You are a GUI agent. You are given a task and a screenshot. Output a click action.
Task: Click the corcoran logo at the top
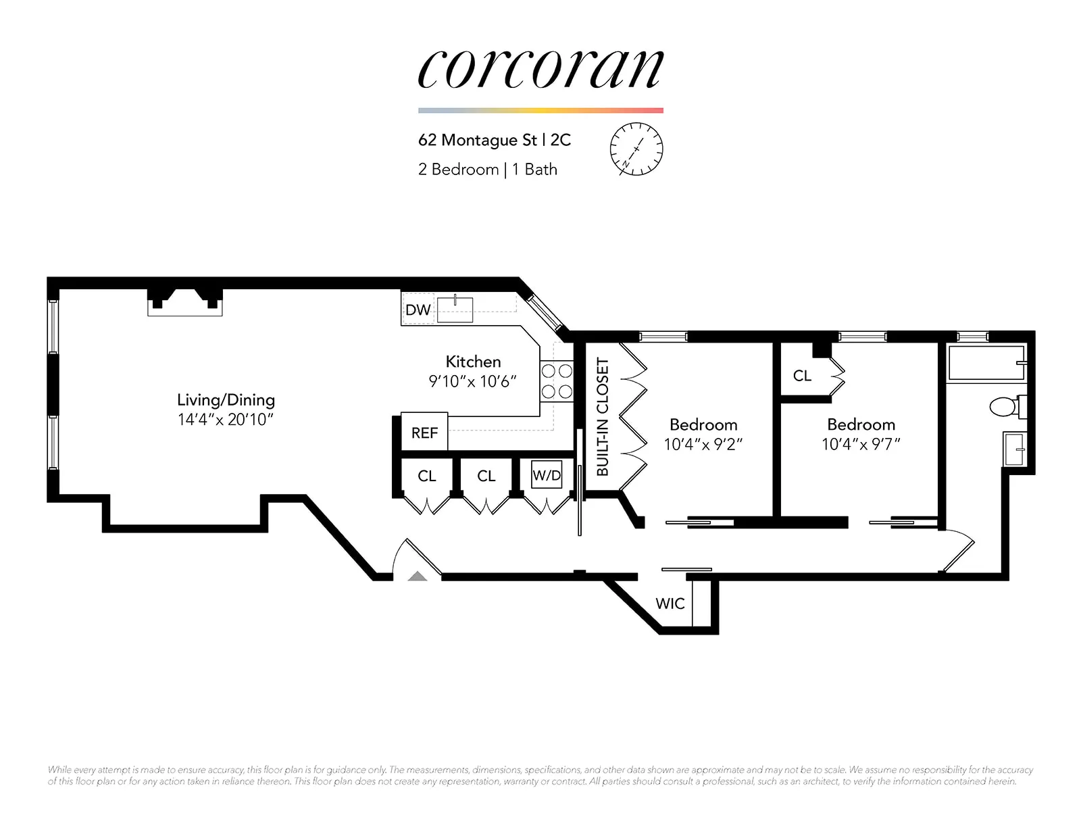540,70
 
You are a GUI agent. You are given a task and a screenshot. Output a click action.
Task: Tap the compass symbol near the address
636,149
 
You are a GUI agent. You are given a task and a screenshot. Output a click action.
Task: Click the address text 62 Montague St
477,140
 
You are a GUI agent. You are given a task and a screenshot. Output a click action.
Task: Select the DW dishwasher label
418,310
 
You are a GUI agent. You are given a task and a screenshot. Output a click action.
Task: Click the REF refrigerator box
424,433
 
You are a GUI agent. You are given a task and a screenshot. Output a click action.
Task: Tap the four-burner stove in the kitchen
557,381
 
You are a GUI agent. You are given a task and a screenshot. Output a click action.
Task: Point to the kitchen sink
455,310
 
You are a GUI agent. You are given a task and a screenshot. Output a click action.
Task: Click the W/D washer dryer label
547,475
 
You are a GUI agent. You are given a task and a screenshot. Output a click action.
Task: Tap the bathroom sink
1014,449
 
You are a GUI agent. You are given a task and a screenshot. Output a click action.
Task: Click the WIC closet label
670,604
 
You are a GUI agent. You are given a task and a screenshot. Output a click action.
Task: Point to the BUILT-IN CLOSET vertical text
602,416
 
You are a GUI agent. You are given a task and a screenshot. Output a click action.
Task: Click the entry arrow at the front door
418,576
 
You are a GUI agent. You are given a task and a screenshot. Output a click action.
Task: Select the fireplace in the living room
185,301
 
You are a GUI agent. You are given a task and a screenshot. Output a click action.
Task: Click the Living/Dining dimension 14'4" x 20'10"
225,420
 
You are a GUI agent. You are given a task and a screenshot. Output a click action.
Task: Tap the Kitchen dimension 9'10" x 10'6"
472,382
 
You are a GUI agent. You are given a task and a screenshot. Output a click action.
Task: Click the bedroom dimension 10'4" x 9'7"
861,444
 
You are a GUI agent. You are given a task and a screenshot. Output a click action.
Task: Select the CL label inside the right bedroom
802,376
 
